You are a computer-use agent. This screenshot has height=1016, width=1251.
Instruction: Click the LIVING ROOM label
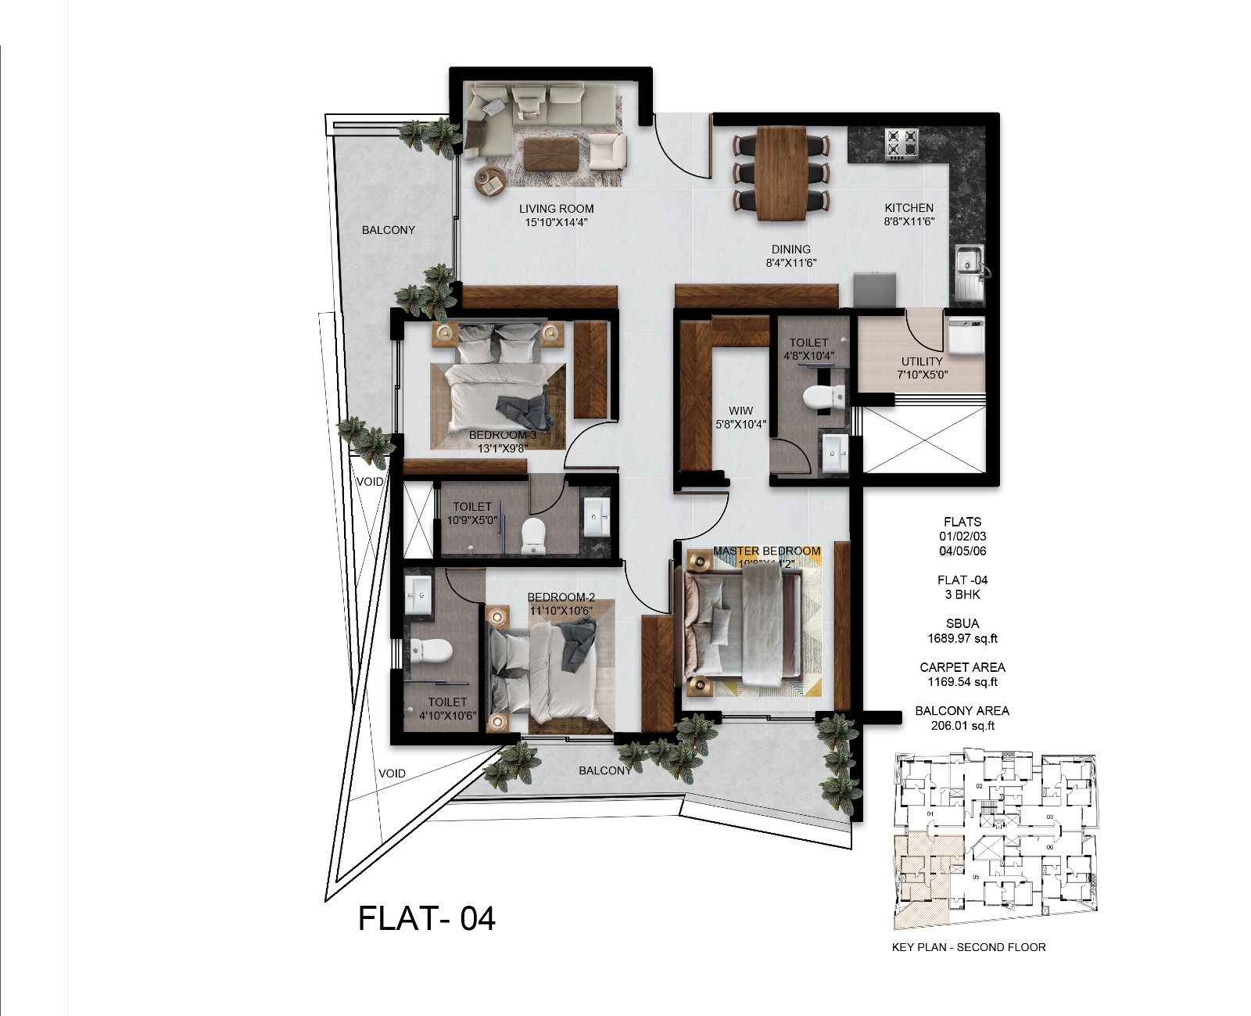[556, 209]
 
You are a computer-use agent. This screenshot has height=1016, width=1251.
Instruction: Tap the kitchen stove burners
[901, 145]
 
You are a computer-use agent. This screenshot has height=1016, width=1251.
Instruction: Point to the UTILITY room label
[922, 361]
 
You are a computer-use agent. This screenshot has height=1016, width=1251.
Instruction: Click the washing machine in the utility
[966, 335]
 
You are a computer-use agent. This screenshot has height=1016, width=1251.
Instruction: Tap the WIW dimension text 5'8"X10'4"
[740, 425]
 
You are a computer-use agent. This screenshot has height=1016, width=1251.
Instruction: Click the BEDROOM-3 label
[503, 435]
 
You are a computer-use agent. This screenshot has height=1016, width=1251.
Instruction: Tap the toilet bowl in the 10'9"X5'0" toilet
[532, 535]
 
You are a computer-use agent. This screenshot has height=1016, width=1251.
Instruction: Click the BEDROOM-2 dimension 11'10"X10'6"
[561, 611]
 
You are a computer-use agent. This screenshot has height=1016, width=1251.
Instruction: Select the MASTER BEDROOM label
[766, 551]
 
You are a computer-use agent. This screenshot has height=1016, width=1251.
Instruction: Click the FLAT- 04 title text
[426, 917]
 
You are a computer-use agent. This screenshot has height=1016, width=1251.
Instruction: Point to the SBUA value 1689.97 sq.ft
[962, 638]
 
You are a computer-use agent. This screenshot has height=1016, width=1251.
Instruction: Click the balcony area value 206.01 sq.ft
[962, 726]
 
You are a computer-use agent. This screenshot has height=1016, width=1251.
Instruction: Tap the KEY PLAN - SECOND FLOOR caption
[968, 947]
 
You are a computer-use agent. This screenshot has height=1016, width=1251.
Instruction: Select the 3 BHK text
[962, 594]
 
